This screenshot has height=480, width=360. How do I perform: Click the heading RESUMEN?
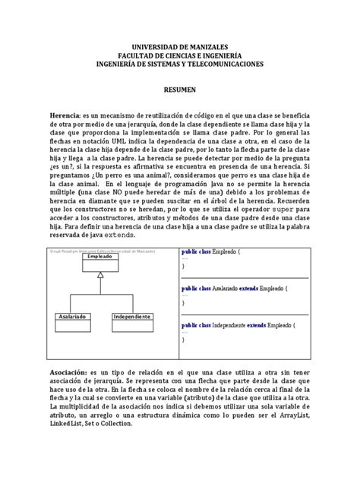179,89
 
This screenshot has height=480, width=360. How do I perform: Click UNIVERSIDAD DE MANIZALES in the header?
179,47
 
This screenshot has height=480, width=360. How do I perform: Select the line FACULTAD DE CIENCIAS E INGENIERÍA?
179,56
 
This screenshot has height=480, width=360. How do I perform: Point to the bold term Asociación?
71,374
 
